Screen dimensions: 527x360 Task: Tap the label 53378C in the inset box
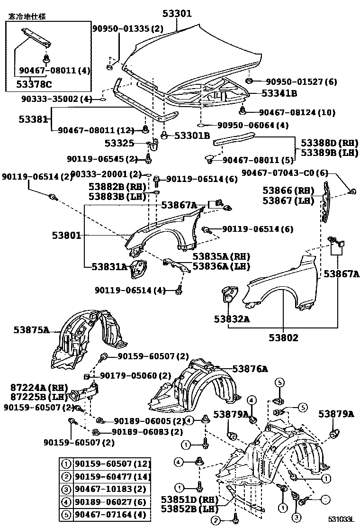pos(31,84)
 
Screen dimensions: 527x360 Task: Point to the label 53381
pos(33,119)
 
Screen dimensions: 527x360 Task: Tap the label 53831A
pos(110,267)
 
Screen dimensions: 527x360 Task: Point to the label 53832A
pos(234,319)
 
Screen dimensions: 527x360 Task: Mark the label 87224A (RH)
pos(33,387)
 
